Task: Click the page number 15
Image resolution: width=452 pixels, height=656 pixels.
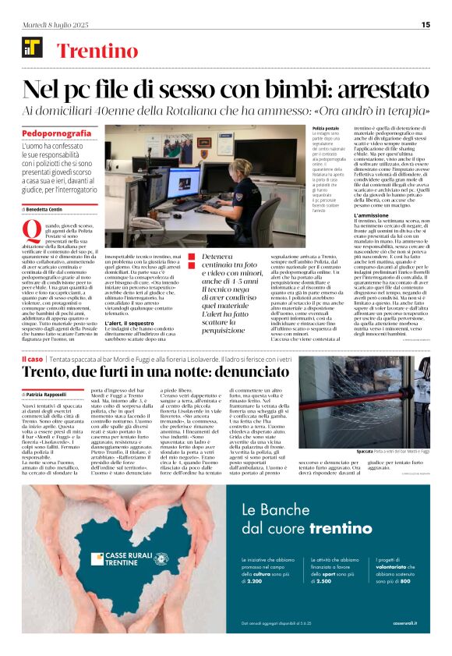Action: coord(426,24)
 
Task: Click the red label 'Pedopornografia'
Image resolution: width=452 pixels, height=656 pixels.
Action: coord(57,134)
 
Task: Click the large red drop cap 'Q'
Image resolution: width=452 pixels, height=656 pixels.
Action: coord(32,229)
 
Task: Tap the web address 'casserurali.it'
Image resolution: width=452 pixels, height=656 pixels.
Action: coord(405,644)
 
